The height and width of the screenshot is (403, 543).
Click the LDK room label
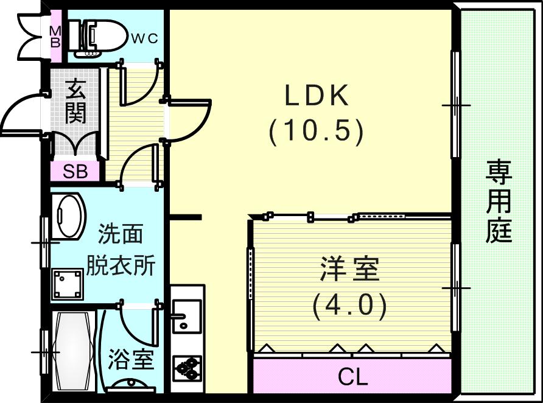[317, 95]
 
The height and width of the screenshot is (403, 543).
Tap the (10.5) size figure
[316, 131]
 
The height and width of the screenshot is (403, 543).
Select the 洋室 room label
[350, 268]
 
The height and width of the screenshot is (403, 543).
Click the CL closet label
[352, 377]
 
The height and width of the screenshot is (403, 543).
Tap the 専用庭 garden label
[499, 201]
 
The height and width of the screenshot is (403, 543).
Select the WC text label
[145, 38]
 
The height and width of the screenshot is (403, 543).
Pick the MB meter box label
[55, 37]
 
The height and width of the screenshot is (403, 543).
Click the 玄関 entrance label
[76, 102]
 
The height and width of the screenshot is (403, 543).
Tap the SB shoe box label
[75, 171]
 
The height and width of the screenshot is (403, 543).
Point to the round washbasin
[69, 216]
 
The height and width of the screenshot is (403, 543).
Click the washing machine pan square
[68, 284]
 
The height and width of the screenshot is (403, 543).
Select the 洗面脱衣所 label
[120, 249]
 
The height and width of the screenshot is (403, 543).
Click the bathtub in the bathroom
[74, 352]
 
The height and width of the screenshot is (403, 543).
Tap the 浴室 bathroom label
[131, 359]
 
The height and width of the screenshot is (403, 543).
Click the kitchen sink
[186, 316]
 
